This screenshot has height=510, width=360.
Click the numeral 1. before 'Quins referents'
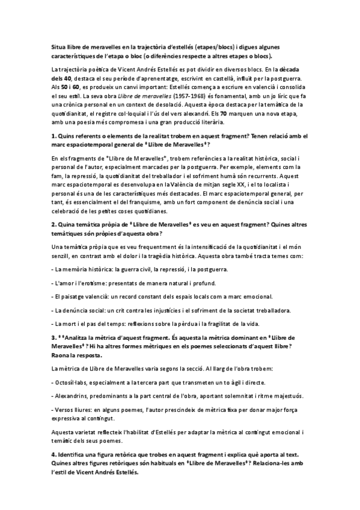53,137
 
